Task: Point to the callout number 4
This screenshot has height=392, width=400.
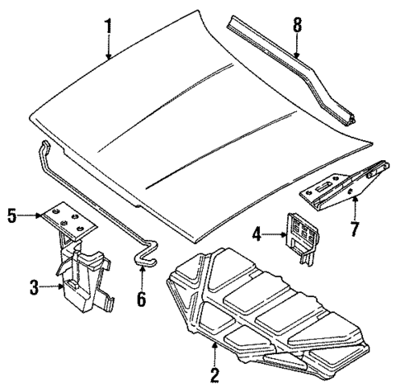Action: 257,236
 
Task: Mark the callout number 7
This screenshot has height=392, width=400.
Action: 355,227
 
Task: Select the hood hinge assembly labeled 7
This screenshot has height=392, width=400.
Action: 338,185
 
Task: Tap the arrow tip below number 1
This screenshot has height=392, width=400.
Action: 109,58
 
